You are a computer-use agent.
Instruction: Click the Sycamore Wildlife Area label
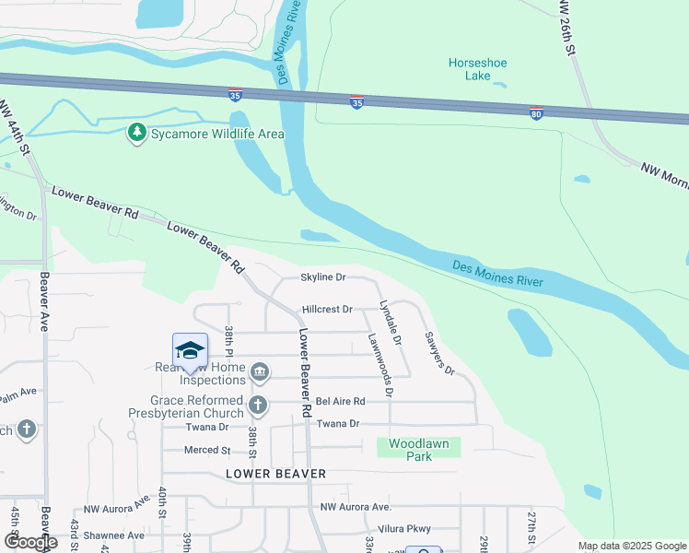218,134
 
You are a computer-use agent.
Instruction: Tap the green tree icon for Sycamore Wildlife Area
137,134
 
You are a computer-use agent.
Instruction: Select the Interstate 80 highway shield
536,112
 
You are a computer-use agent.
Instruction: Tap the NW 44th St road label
18,128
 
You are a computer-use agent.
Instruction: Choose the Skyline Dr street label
322,277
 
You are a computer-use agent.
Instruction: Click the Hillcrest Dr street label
327,310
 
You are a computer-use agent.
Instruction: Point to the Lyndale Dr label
391,324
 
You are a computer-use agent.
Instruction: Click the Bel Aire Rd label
341,401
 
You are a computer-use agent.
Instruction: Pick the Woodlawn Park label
419,450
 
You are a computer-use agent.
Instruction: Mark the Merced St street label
207,450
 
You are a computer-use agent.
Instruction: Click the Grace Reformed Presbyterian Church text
198,406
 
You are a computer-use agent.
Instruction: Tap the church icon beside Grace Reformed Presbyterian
259,404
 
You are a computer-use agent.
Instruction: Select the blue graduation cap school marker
190,350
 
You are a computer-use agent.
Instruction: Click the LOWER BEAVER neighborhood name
275,474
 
